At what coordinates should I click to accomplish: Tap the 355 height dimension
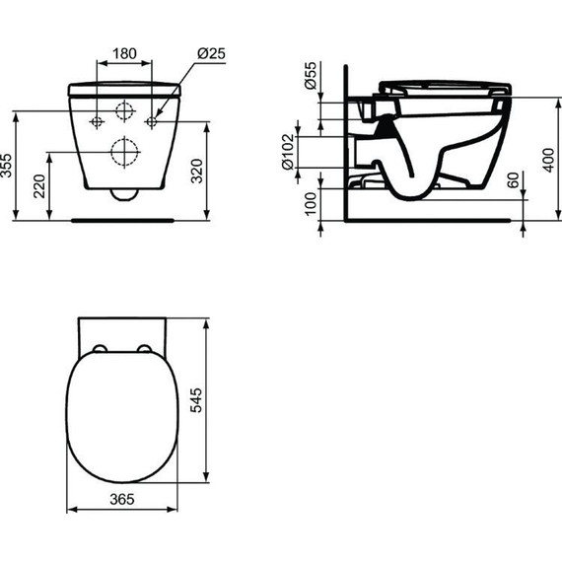(9, 166)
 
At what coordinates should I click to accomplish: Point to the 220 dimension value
(38, 185)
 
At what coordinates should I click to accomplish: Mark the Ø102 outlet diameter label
(288, 151)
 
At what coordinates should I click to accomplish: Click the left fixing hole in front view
(97, 121)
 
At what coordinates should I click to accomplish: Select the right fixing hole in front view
(152, 121)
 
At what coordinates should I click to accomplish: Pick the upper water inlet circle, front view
(124, 110)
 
